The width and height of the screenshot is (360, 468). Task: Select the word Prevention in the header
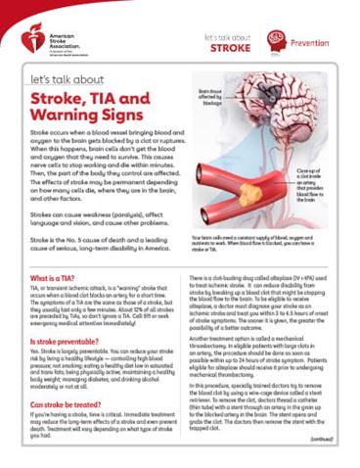coord(318,42)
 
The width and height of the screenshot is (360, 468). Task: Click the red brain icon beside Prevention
coord(278,41)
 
